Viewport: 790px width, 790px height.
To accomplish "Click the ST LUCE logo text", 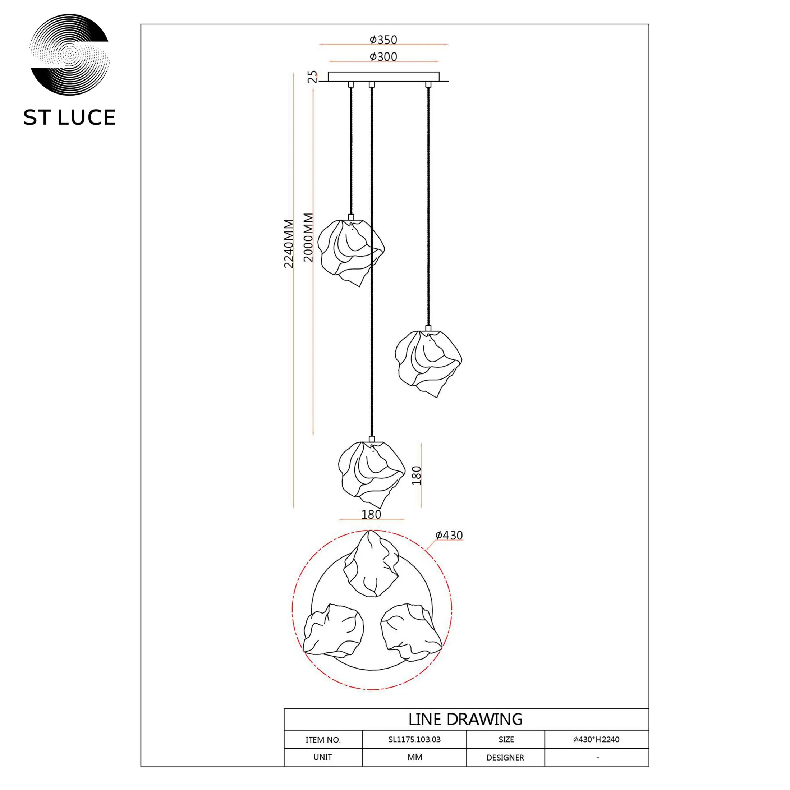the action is pos(69,118).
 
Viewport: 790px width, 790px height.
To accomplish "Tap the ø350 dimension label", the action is pos(383,40).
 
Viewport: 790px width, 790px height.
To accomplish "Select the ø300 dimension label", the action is pos(383,56).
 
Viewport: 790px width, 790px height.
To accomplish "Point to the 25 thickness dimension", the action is pos(312,77).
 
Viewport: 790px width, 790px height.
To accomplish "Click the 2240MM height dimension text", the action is pos(289,243).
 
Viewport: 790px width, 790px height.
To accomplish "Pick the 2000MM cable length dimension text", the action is pos(308,237).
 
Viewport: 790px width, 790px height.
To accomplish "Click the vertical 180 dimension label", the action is pos(416,476).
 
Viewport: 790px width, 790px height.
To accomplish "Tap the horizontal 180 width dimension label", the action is pos(371,514).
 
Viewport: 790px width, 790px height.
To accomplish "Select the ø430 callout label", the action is pos(449,535).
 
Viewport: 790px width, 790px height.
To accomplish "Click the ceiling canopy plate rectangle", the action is pos(383,77).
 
